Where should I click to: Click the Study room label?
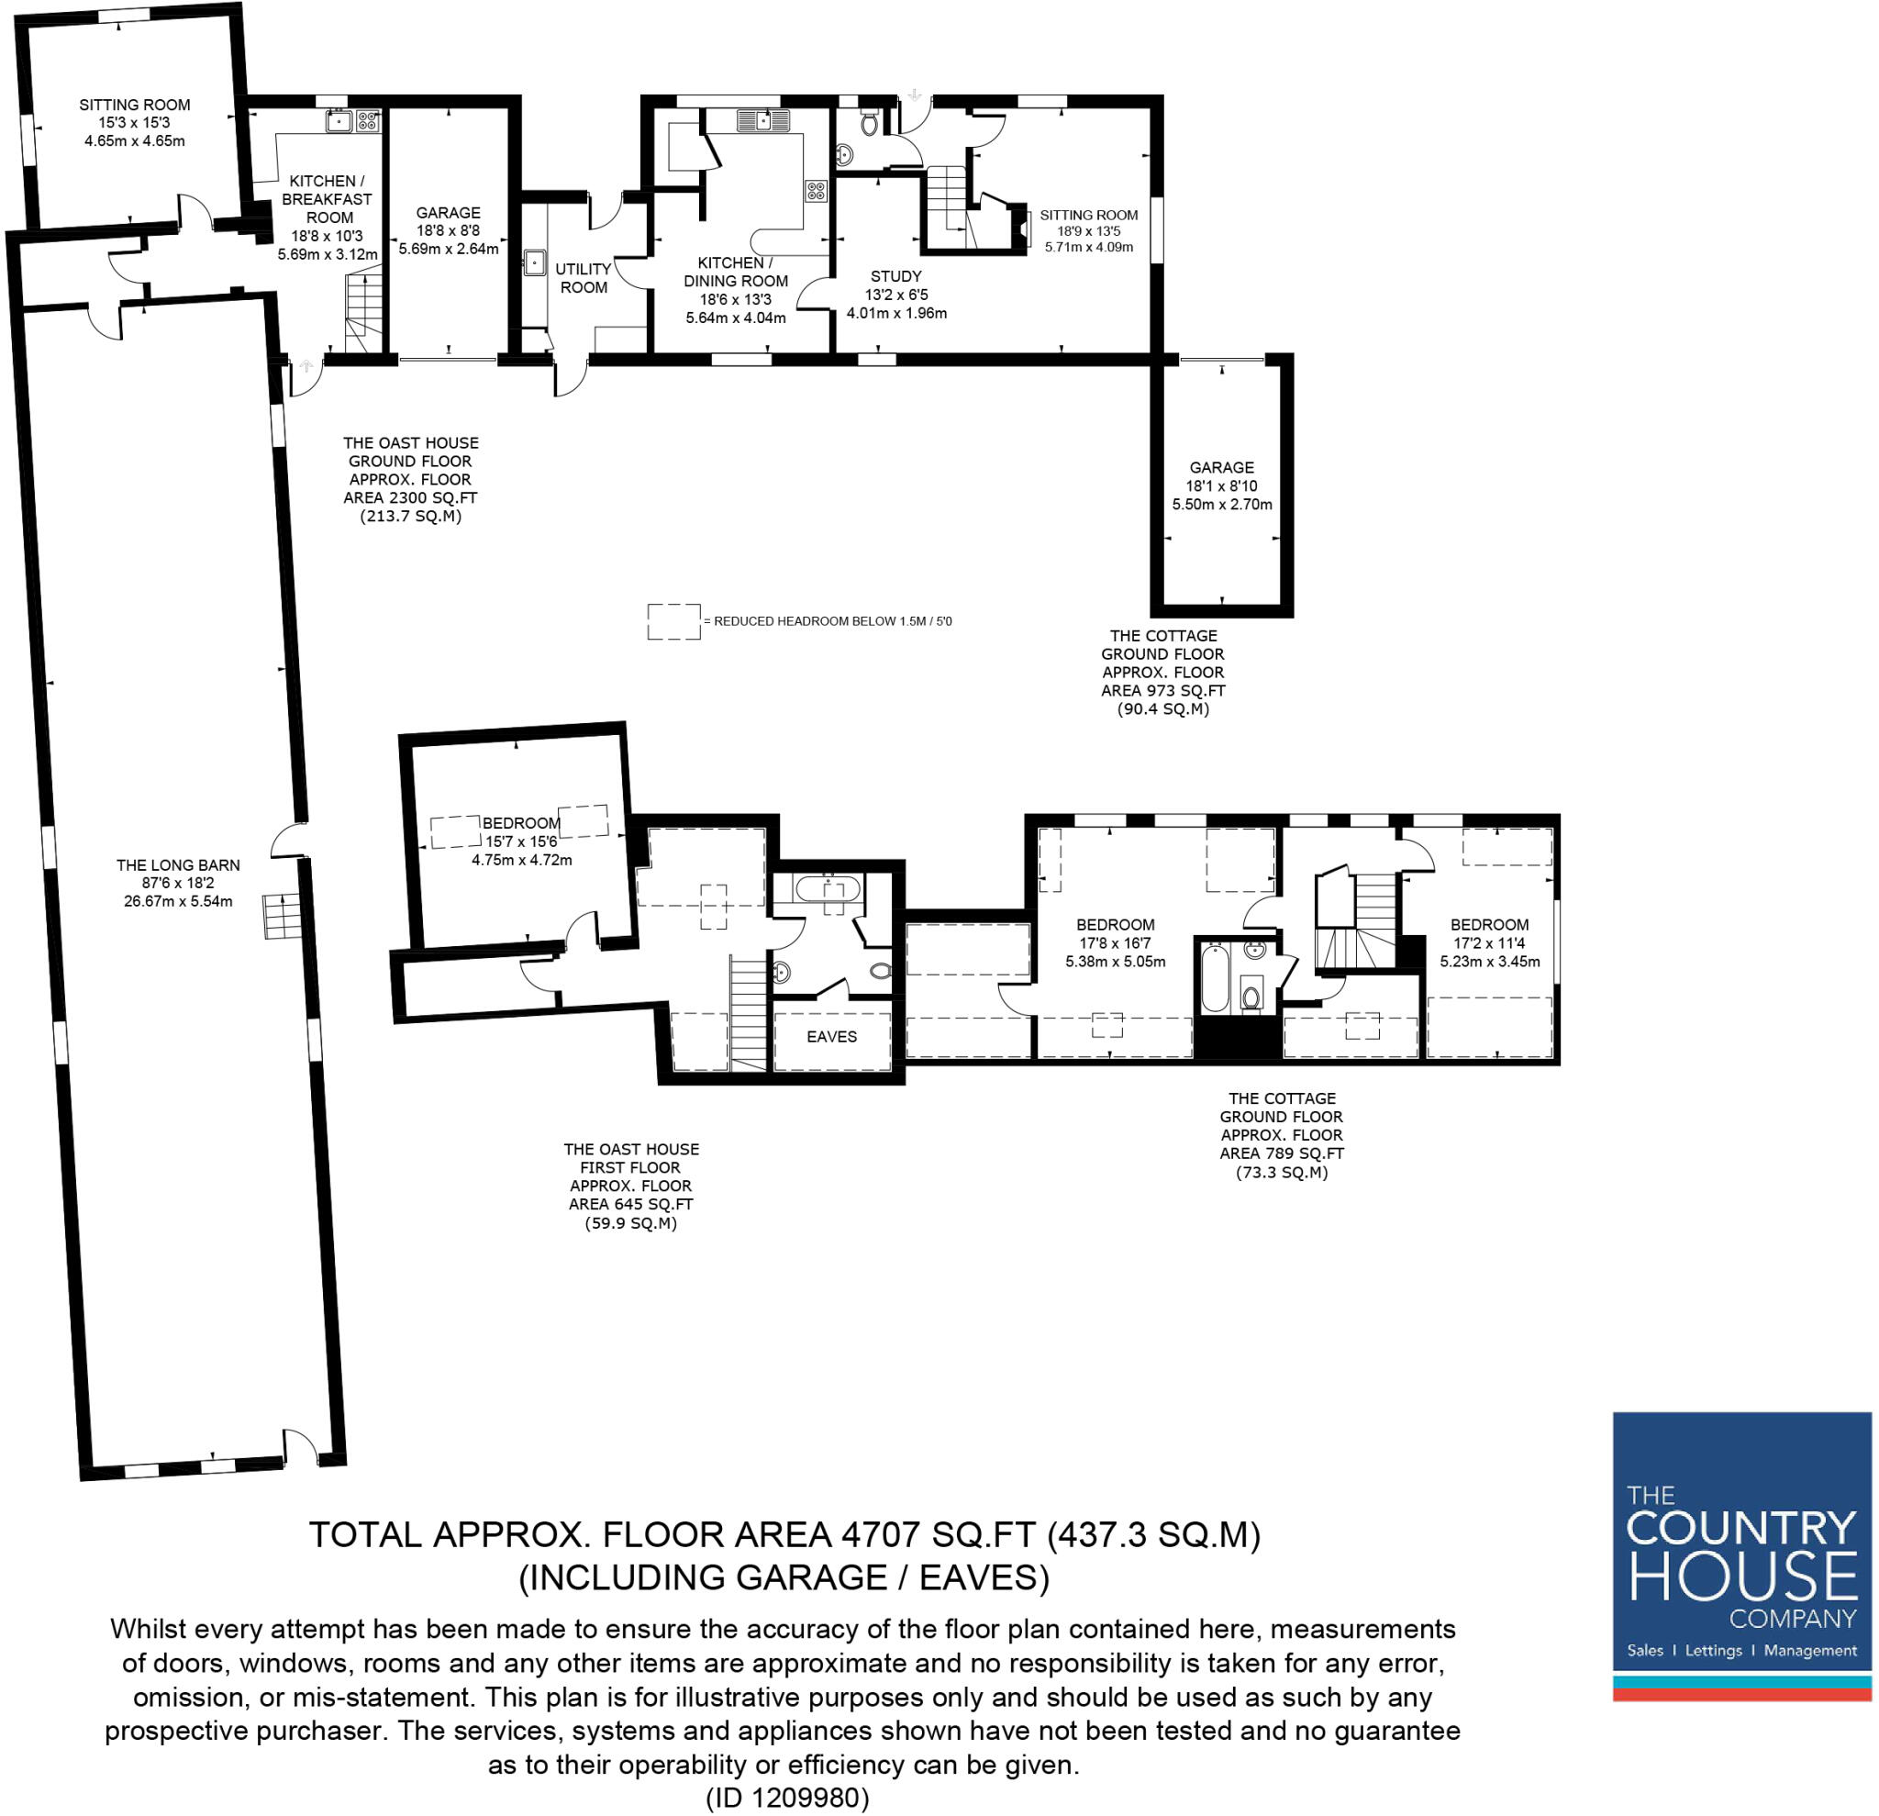[895, 276]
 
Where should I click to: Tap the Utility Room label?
[583, 278]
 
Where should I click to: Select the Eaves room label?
[831, 1037]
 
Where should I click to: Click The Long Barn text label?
[178, 864]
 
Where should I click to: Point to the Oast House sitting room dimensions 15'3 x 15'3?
[134, 123]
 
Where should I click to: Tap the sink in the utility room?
[535, 262]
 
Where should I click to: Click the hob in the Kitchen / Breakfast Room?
[368, 121]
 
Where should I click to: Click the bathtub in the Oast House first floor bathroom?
[828, 888]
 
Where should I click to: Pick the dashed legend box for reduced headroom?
[674, 621]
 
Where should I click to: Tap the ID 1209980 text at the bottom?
[787, 1798]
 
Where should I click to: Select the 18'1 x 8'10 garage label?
[1221, 486]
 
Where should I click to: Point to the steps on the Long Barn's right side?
[282, 917]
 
